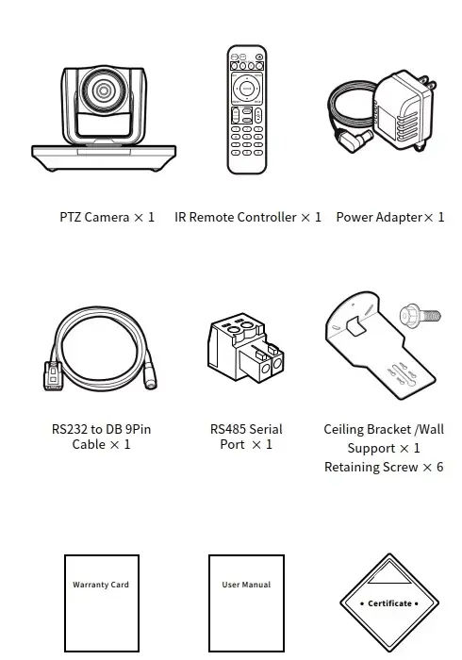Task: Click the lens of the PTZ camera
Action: (x=103, y=90)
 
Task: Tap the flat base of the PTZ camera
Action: (x=104, y=157)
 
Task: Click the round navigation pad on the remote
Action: (x=247, y=89)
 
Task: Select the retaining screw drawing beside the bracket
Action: (x=420, y=315)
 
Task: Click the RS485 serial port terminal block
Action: (x=246, y=346)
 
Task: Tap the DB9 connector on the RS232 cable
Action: (x=53, y=375)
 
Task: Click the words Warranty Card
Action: (x=101, y=585)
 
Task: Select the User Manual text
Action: (x=246, y=585)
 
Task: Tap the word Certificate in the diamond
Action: (x=389, y=603)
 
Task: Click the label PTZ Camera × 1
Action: (x=107, y=217)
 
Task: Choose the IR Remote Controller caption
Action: (x=248, y=217)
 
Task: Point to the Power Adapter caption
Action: (x=390, y=217)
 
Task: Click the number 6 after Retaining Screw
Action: (x=439, y=467)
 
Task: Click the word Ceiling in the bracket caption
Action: (x=344, y=430)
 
